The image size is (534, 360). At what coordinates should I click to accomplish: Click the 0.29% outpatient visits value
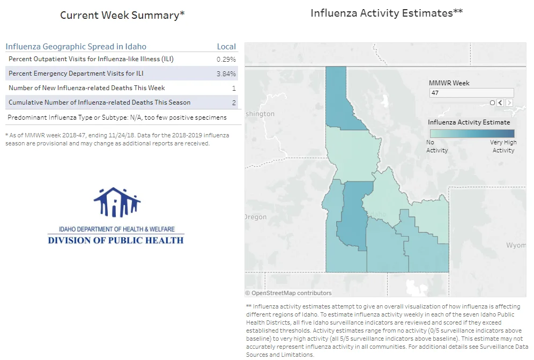(x=226, y=60)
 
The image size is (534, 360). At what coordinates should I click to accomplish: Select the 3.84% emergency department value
(x=226, y=74)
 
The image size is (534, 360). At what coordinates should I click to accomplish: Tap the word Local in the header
(x=226, y=47)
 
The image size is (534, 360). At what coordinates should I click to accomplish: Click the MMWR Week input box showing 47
(x=472, y=93)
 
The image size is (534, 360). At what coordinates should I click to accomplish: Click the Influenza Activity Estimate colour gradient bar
(x=472, y=133)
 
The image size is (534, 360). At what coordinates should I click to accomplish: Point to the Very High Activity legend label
(x=503, y=146)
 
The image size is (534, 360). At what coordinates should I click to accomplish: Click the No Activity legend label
(x=437, y=146)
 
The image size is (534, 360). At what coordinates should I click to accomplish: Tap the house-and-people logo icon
(x=117, y=202)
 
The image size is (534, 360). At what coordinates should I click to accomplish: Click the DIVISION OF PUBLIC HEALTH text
(x=116, y=240)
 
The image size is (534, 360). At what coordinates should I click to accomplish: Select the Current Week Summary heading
(x=122, y=15)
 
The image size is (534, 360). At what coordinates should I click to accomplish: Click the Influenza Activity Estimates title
(x=387, y=13)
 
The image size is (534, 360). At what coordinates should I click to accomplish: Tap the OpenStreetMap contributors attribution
(x=288, y=293)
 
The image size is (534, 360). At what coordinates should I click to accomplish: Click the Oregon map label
(x=256, y=217)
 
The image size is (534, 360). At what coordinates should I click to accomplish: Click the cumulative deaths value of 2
(x=234, y=102)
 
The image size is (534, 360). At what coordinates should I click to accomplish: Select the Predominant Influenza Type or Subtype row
(x=117, y=117)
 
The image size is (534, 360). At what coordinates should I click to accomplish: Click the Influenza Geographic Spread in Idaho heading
(x=76, y=47)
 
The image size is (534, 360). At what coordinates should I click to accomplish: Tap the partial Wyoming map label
(x=516, y=246)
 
